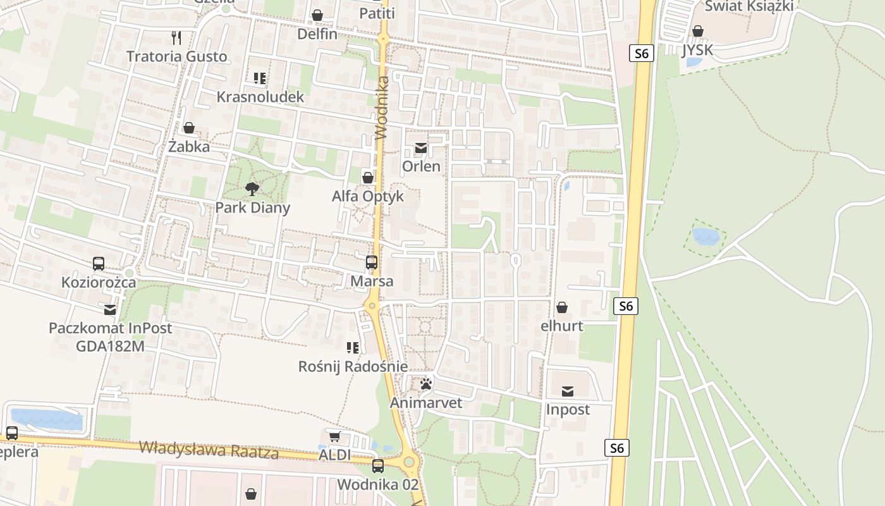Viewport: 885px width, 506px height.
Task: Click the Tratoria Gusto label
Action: click(x=176, y=56)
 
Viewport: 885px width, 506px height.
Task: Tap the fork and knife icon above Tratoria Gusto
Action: click(x=176, y=38)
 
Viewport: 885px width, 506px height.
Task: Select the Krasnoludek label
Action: click(x=260, y=97)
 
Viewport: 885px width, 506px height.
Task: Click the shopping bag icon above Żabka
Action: click(x=188, y=128)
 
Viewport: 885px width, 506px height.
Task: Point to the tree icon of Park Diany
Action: click(x=252, y=188)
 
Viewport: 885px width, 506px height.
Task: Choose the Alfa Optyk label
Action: click(x=367, y=196)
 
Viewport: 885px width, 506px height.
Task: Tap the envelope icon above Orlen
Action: click(x=421, y=148)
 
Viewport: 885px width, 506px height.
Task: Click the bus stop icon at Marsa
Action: click(x=372, y=262)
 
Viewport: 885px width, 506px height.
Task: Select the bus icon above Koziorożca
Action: click(x=99, y=264)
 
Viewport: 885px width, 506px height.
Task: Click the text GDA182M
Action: click(x=110, y=346)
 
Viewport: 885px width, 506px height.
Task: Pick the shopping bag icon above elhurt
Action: click(x=561, y=308)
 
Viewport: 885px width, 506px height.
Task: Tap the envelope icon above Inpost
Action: click(x=568, y=392)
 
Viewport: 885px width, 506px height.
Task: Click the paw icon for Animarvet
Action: click(x=425, y=384)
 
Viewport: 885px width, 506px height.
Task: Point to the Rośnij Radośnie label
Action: click(x=353, y=366)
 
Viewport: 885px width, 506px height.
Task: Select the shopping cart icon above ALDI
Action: click(x=334, y=437)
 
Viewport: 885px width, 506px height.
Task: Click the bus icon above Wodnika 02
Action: click(x=377, y=466)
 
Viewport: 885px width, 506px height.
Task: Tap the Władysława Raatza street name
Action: click(x=209, y=450)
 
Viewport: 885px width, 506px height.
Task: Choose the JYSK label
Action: click(x=697, y=49)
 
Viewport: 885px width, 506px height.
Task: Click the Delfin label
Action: click(x=317, y=34)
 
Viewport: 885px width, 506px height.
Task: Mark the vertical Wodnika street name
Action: click(x=381, y=108)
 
